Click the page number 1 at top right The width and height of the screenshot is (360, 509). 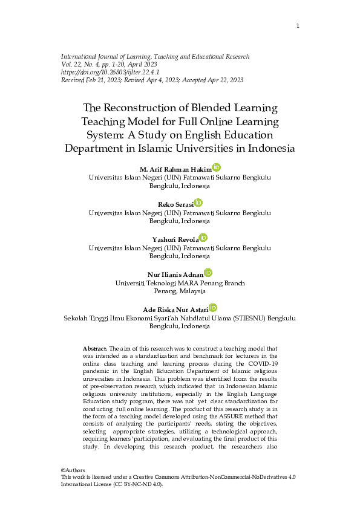[298, 25]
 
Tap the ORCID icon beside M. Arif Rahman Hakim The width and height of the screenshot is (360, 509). [217, 167]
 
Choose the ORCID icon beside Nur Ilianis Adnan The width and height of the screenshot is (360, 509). [208, 273]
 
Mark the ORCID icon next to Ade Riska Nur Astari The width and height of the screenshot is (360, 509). [212, 308]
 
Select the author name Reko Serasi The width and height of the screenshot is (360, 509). [175, 204]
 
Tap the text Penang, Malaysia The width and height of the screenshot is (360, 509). [180, 291]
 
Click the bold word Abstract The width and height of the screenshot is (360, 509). [94, 349]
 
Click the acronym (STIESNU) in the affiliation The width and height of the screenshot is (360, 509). [235, 318]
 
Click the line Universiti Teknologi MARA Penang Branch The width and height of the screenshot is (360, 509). [180, 283]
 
